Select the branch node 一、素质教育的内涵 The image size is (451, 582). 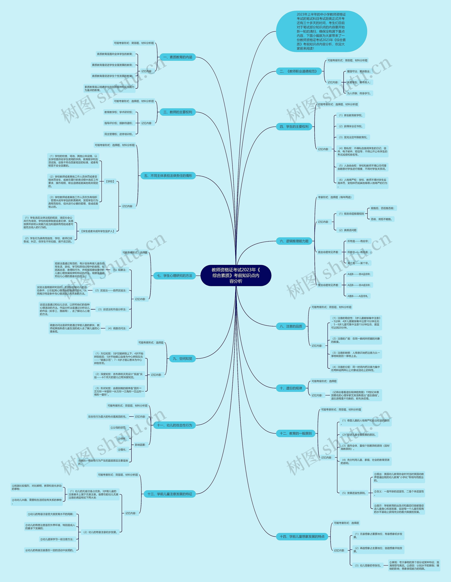[x=178, y=57]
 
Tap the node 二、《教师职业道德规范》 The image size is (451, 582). [x=299, y=71]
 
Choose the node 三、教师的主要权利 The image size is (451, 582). [x=178, y=112]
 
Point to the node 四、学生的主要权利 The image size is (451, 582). [x=294, y=127]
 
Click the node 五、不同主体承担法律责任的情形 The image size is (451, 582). [x=168, y=176]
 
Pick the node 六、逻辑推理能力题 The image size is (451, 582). [x=294, y=241]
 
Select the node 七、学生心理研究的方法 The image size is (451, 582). [x=174, y=276]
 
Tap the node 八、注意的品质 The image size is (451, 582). [x=291, y=326]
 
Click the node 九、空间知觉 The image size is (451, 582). [x=183, y=359]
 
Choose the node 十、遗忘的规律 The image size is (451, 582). [x=291, y=388]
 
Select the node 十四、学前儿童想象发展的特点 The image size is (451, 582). [x=302, y=536]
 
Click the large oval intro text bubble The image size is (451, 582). [x=321, y=32]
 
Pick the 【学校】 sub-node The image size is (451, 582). [x=110, y=181]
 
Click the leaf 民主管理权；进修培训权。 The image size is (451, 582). [x=119, y=134]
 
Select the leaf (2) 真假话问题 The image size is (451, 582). [x=348, y=230]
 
